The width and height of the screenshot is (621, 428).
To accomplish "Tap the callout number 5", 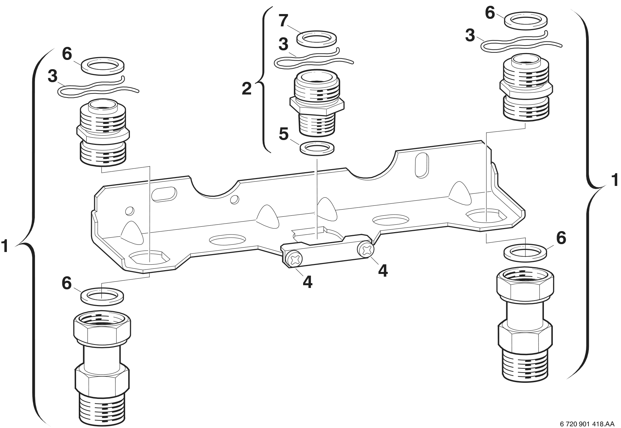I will point(284,135).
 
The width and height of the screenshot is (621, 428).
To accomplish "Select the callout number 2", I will point(247,88).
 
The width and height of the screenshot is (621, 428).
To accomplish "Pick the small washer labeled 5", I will point(317,149).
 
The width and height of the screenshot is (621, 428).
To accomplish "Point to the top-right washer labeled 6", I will point(526,20).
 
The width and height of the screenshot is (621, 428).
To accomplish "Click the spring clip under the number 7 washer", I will point(313,60).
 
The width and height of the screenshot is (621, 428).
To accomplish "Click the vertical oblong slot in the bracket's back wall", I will point(421,165).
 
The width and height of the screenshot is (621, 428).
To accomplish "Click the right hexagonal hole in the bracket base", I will point(486,216).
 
